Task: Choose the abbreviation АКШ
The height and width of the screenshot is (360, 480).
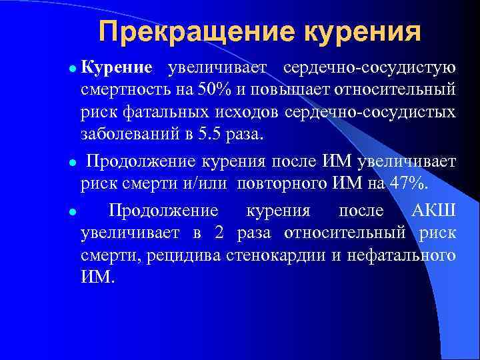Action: click(434, 212)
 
